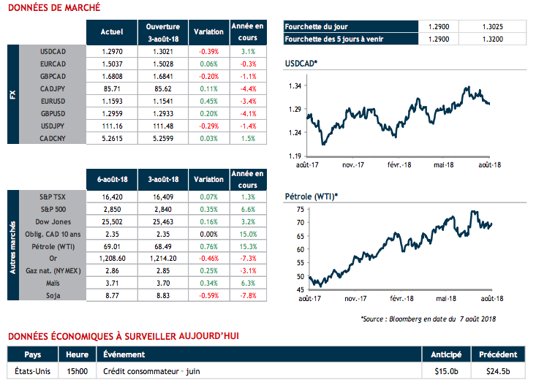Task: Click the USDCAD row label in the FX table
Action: click(x=54, y=53)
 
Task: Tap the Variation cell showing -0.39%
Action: click(x=208, y=53)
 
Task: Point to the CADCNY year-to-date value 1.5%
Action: click(x=247, y=137)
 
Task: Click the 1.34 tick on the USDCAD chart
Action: click(x=295, y=86)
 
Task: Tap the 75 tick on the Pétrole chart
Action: click(x=300, y=209)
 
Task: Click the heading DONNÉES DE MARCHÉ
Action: click(x=53, y=8)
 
